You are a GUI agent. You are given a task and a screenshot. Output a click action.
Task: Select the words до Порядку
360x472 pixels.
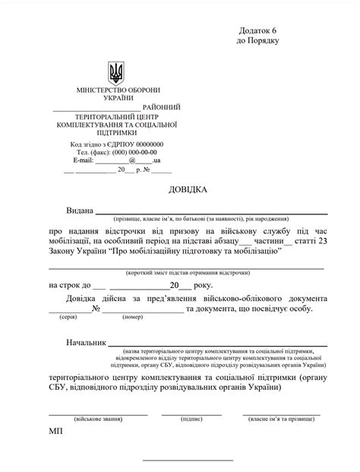pyautogui.click(x=258, y=40)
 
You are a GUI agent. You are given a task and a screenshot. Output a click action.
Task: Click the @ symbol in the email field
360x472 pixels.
pyautogui.click(x=132, y=161)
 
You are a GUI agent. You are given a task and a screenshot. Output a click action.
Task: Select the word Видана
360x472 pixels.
pyautogui.click(x=79, y=210)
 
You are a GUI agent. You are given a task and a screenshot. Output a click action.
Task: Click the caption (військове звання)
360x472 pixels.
pyautogui.click(x=97, y=419)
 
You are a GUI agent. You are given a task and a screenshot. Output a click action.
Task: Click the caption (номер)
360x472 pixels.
pyautogui.click(x=132, y=316)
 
